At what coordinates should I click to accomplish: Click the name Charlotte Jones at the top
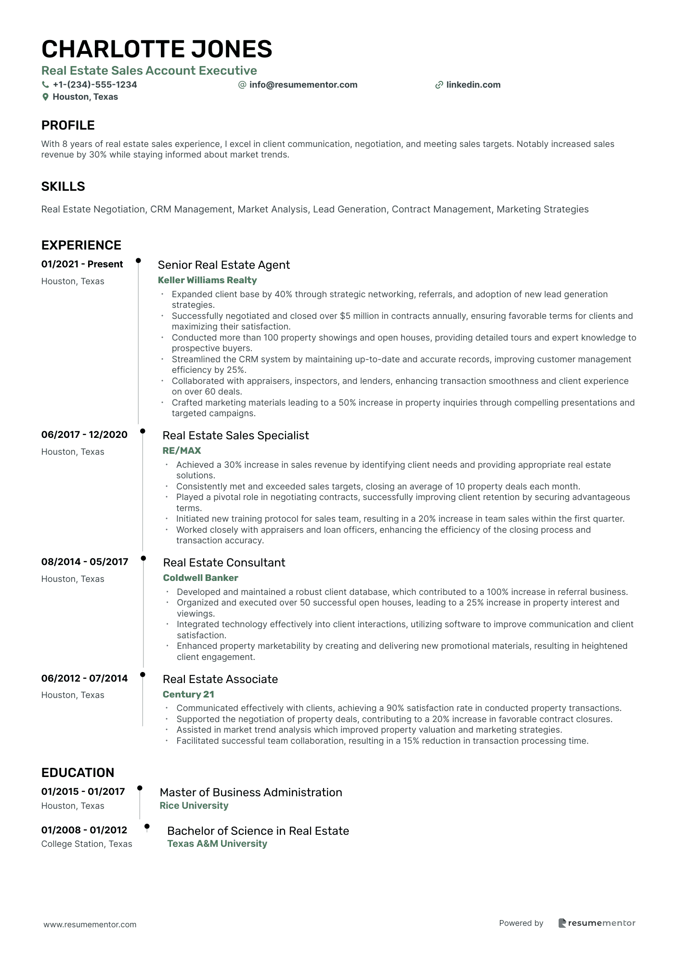(157, 49)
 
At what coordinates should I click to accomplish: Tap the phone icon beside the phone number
(45, 85)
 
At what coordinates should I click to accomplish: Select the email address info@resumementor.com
(303, 85)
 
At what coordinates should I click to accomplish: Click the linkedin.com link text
(473, 85)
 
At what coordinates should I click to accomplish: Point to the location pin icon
(45, 97)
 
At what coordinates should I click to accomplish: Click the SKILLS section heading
(63, 186)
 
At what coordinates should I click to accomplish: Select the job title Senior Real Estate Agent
(223, 265)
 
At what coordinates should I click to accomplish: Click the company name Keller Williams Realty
(207, 280)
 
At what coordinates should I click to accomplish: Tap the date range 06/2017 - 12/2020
(84, 434)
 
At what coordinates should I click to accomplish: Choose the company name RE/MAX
(182, 450)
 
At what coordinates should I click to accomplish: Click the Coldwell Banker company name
(200, 578)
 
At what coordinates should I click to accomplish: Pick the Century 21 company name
(188, 694)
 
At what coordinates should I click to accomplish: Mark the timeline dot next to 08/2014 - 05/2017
(143, 558)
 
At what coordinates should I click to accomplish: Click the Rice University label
(194, 805)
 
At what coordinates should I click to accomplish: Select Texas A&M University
(217, 843)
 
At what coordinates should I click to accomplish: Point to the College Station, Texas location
(87, 844)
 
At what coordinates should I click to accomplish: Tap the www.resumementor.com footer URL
(90, 924)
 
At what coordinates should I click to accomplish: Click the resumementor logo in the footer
(597, 923)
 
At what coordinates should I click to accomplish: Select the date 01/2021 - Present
(82, 264)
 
